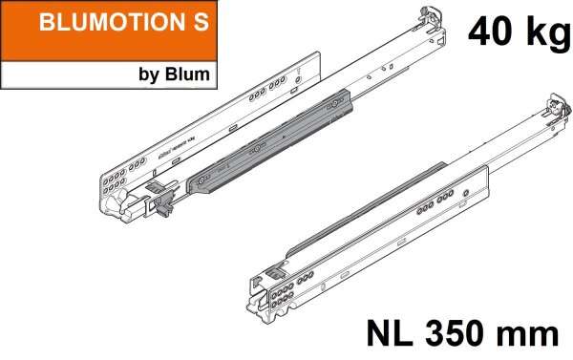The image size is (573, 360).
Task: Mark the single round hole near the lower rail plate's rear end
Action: tap(465, 192)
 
